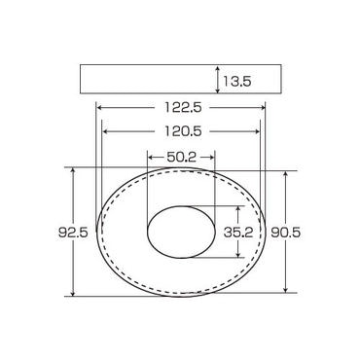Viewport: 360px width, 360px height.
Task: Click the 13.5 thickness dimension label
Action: click(x=236, y=81)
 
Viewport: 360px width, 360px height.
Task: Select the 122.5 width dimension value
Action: click(x=183, y=107)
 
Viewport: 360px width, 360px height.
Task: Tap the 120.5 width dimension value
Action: click(x=183, y=131)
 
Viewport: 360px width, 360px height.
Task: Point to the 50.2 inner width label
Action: click(x=182, y=158)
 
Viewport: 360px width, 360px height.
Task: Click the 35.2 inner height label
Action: click(x=238, y=232)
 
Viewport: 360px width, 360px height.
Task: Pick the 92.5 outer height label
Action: click(x=73, y=233)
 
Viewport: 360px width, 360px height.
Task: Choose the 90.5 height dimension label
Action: click(x=286, y=233)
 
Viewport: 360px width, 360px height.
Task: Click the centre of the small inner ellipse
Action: click(x=182, y=233)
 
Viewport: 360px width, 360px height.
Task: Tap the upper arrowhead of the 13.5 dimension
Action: click(x=218, y=68)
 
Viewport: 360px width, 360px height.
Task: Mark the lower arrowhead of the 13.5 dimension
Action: click(x=218, y=90)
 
